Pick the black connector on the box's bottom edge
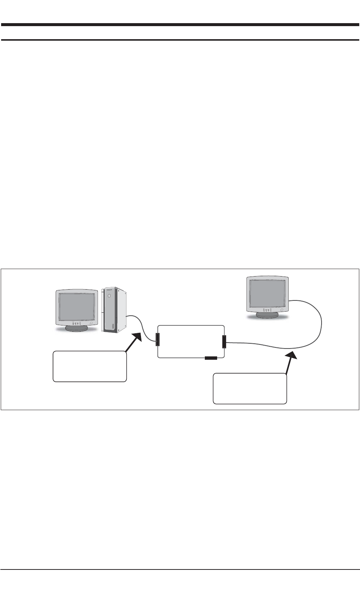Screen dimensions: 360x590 (211, 358)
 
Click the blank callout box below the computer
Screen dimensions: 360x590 (90, 366)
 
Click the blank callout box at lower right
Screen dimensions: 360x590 (250, 388)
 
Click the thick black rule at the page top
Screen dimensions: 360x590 (180, 25)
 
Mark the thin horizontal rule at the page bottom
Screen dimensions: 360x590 (180, 569)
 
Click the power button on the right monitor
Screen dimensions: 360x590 (282, 310)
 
